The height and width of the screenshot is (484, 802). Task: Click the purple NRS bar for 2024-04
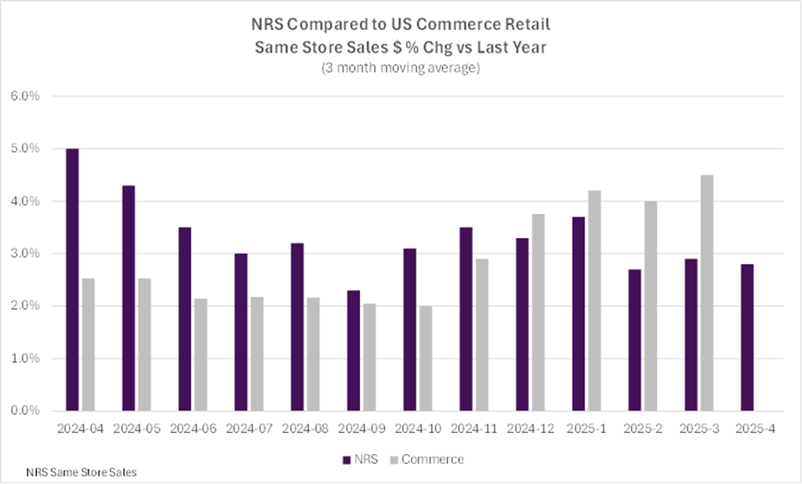73,279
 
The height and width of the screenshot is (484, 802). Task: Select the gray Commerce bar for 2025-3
707,293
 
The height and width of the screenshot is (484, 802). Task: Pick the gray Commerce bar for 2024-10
426,358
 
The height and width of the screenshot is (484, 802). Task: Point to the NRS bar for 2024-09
354,350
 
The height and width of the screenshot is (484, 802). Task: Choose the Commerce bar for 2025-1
594,300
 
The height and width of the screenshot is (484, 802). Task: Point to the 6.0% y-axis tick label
25,96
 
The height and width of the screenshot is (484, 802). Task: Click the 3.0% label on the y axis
25,253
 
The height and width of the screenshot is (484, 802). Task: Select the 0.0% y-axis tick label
25,410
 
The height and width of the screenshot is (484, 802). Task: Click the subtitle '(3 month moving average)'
400,69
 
